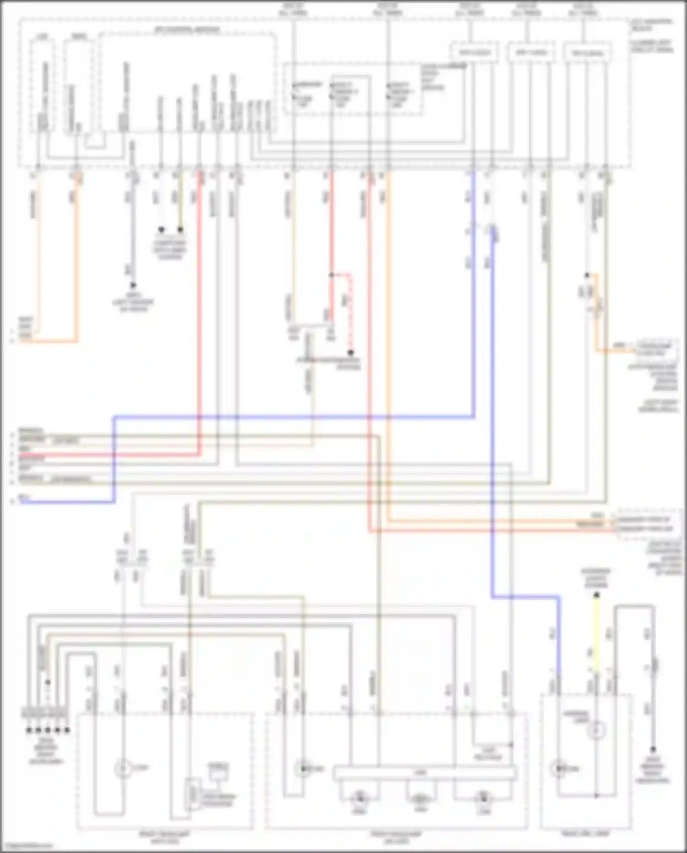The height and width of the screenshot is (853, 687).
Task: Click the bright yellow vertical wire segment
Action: tap(596, 633)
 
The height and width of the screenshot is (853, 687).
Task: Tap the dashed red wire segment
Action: tap(350, 312)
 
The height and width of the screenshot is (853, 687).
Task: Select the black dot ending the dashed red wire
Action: tap(350, 352)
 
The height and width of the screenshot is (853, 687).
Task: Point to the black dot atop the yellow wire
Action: tap(596, 595)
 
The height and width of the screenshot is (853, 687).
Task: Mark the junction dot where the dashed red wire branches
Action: tap(332, 275)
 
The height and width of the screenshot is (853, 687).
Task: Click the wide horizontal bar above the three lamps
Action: tap(425, 773)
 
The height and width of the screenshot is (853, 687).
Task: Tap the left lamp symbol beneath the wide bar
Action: tap(360, 798)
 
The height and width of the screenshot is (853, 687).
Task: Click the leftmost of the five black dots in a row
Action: tap(29, 730)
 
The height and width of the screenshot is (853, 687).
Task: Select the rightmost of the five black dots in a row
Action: tap(67, 730)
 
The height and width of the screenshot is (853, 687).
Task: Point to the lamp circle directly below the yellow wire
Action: tap(596, 731)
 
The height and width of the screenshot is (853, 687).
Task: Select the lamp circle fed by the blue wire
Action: tap(558, 768)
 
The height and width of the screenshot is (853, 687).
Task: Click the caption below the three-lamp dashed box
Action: tap(397, 837)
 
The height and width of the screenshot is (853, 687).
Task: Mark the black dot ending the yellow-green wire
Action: tap(180, 229)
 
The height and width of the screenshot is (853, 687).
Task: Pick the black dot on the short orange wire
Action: tap(587, 275)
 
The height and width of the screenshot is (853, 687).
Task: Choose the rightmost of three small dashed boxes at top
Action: tap(587, 53)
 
